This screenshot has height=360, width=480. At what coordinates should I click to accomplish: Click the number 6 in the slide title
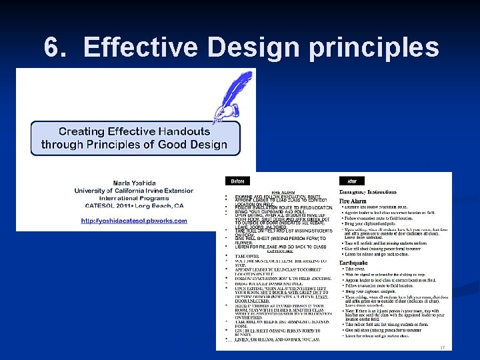(x=52, y=47)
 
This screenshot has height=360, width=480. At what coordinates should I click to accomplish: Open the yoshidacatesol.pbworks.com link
(x=134, y=221)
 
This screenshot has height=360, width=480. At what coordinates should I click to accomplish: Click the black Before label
(x=238, y=181)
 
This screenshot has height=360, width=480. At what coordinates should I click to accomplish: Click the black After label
(x=351, y=181)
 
